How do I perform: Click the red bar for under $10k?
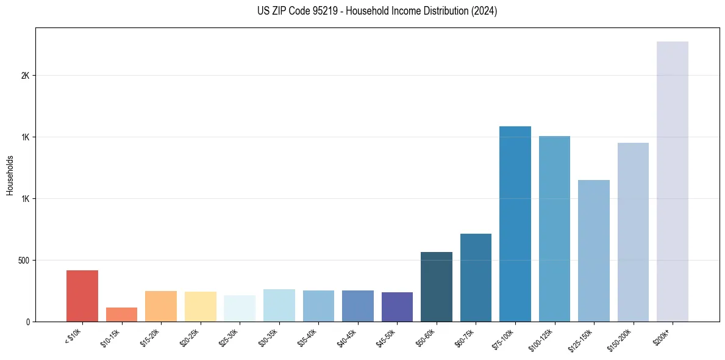[82, 296]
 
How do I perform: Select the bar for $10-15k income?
[121, 315]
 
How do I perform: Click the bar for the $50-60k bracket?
[437, 287]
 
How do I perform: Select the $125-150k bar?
[594, 251]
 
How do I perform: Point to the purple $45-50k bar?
[397, 307]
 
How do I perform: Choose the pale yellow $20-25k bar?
[201, 306]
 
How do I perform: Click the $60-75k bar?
[476, 278]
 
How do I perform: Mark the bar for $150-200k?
[633, 232]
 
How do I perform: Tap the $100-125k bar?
[554, 229]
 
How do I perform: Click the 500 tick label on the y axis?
[24, 261]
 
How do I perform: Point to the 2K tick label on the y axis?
[25, 76]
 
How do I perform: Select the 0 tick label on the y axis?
[27, 322]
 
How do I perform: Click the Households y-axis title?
[10, 175]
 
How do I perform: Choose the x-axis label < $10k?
[73, 337]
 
